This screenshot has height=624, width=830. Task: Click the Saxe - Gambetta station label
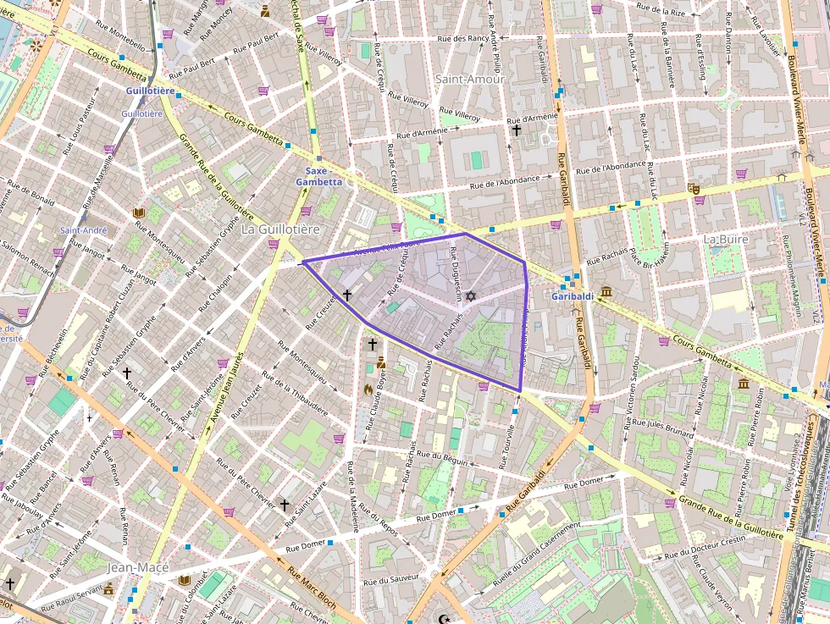(318, 175)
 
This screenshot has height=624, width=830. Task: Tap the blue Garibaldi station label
(573, 295)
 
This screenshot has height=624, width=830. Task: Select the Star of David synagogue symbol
(472, 295)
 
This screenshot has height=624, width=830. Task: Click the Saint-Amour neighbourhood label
(469, 79)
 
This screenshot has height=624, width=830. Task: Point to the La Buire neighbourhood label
(726, 239)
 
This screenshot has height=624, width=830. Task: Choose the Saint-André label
(83, 230)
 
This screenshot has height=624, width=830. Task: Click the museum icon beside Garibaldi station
(606, 292)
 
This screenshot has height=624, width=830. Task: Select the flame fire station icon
(368, 389)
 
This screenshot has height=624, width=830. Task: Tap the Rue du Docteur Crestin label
(705, 547)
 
